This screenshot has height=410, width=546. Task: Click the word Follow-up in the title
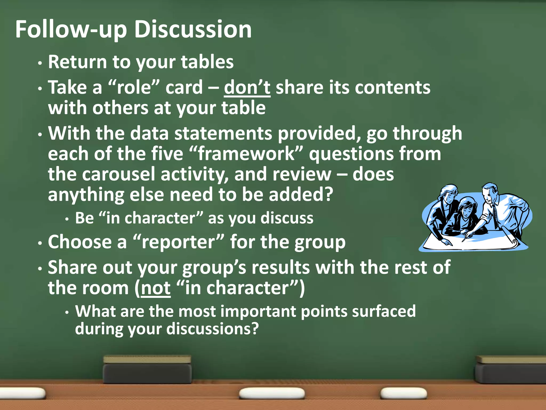(x=71, y=30)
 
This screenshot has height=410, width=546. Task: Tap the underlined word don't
(x=247, y=88)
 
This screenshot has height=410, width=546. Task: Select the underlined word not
(x=156, y=288)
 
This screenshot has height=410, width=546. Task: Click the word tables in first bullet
(x=207, y=62)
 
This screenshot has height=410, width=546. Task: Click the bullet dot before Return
(x=40, y=64)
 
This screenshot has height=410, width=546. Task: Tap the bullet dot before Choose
(x=40, y=243)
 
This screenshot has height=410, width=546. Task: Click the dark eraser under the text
(x=147, y=370)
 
